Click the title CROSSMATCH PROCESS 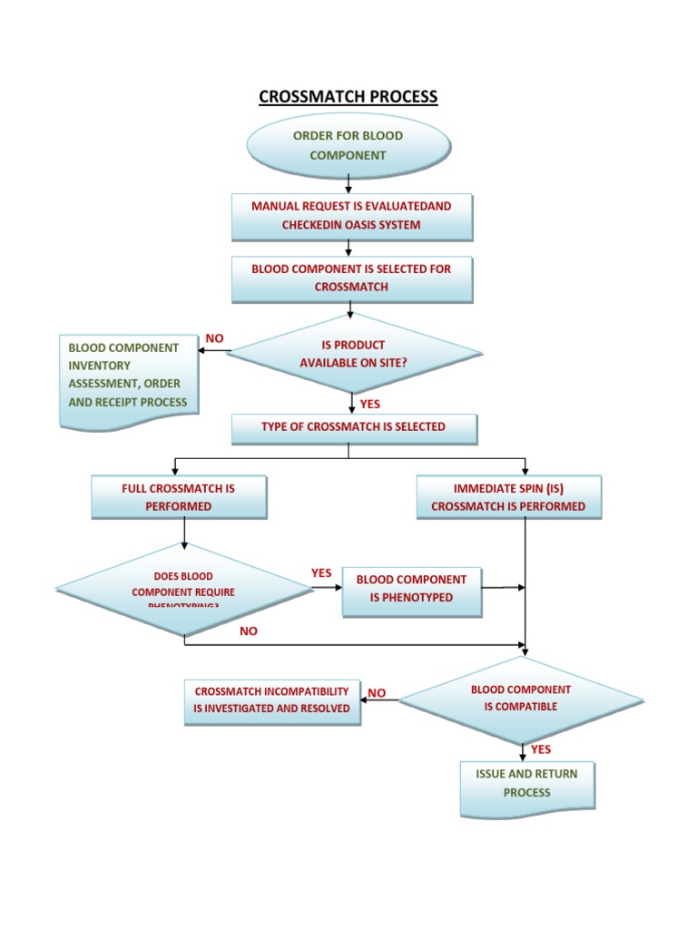(348, 96)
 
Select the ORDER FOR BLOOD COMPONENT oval (348, 145)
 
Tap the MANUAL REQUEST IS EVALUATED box (351, 216)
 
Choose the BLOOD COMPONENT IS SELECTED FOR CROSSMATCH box (351, 279)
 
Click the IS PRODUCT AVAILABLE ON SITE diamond (354, 353)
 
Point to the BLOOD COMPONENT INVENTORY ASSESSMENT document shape (128, 379)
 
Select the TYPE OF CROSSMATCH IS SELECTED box (354, 427)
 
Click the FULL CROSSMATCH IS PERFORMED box (179, 497)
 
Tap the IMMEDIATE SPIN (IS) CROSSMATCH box (508, 497)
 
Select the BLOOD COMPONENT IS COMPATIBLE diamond (521, 699)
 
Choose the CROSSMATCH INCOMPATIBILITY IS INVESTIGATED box (271, 700)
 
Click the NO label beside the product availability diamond (214, 338)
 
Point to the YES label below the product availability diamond (370, 404)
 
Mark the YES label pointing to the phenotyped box (321, 573)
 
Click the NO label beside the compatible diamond (377, 693)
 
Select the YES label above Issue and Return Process (541, 749)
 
